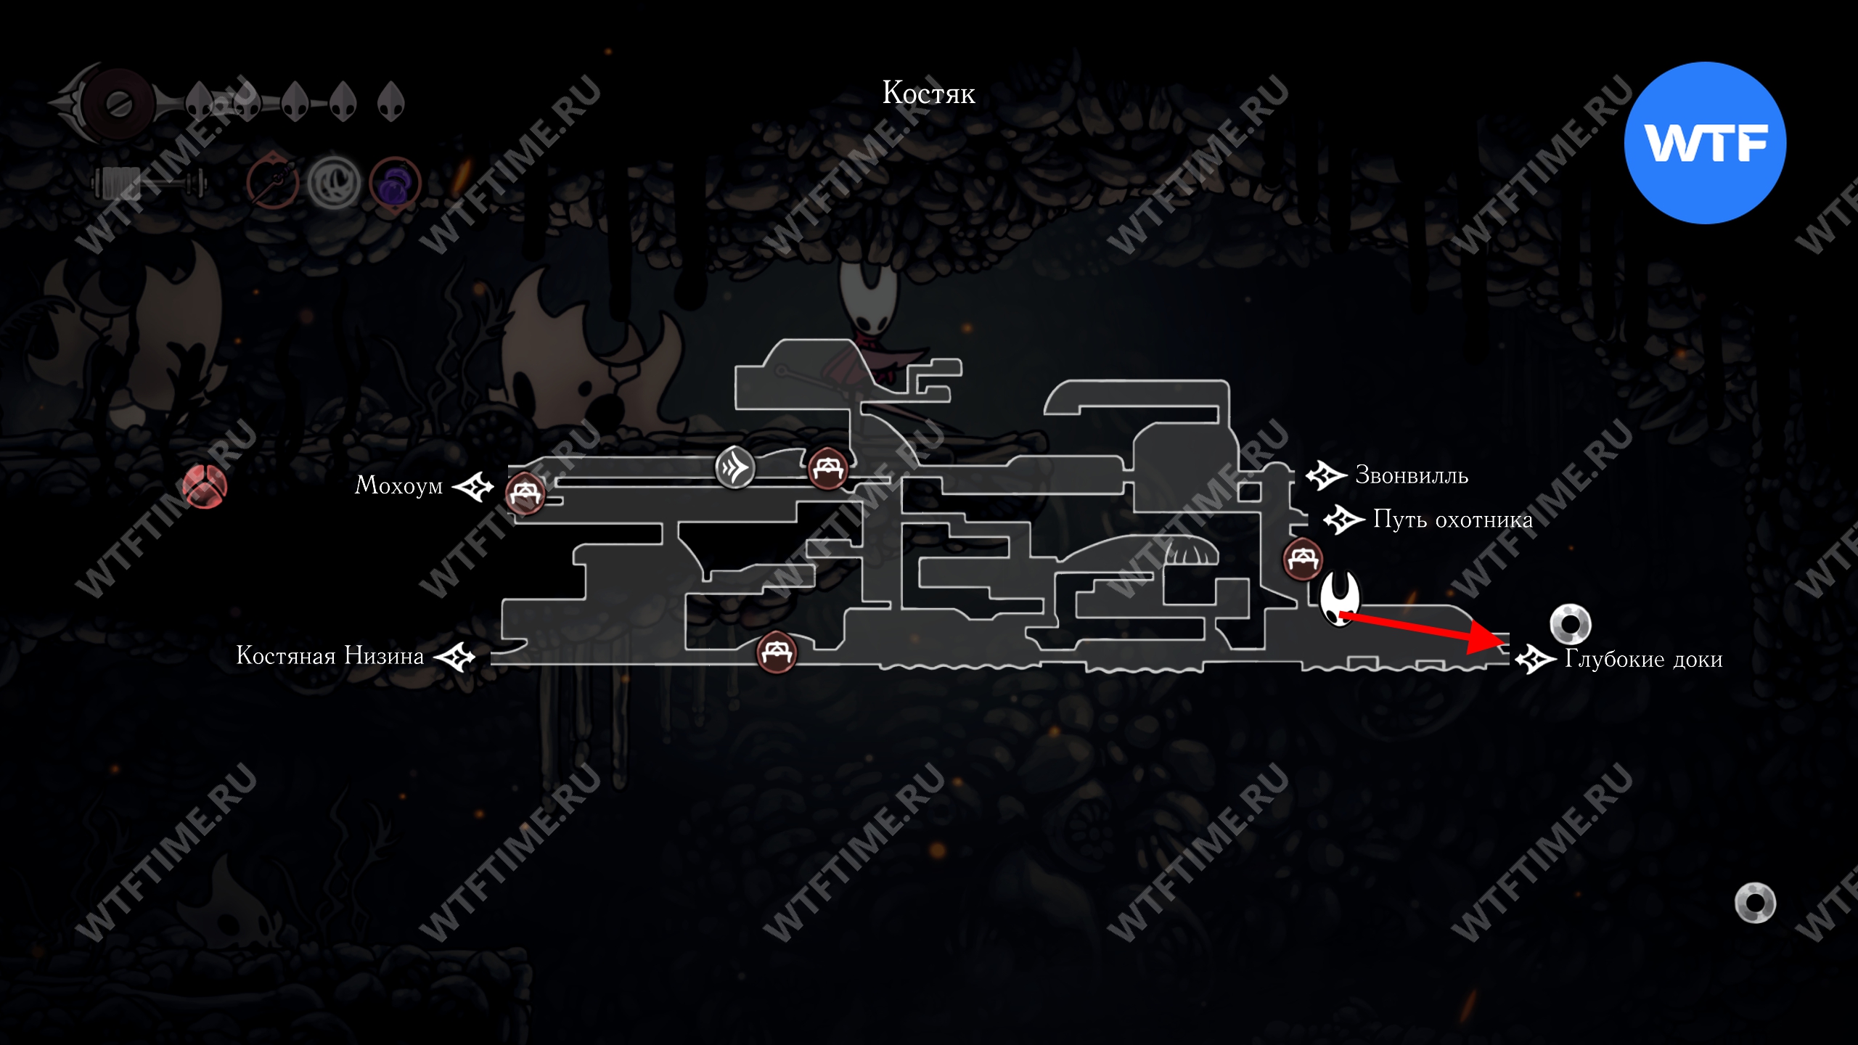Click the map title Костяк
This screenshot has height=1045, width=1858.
[928, 93]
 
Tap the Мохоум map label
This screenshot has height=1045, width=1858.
[398, 485]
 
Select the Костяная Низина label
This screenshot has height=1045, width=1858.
[330, 656]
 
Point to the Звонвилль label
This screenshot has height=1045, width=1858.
[1412, 475]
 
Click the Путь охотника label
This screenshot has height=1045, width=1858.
[1452, 520]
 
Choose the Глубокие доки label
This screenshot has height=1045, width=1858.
[1643, 659]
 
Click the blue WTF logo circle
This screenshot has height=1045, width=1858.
[1705, 143]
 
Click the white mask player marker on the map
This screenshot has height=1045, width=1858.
[1339, 597]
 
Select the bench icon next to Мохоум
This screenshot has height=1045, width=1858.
[525, 493]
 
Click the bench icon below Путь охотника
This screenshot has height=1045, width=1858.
[1303, 559]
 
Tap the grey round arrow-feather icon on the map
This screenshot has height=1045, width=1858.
[734, 467]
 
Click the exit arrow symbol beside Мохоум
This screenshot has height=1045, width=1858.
[473, 486]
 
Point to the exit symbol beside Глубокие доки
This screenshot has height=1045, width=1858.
[1534, 660]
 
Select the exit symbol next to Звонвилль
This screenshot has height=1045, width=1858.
[1325, 476]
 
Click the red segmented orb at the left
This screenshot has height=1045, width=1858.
[205, 486]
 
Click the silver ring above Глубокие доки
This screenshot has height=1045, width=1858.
[1571, 624]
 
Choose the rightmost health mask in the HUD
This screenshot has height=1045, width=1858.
[391, 100]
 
